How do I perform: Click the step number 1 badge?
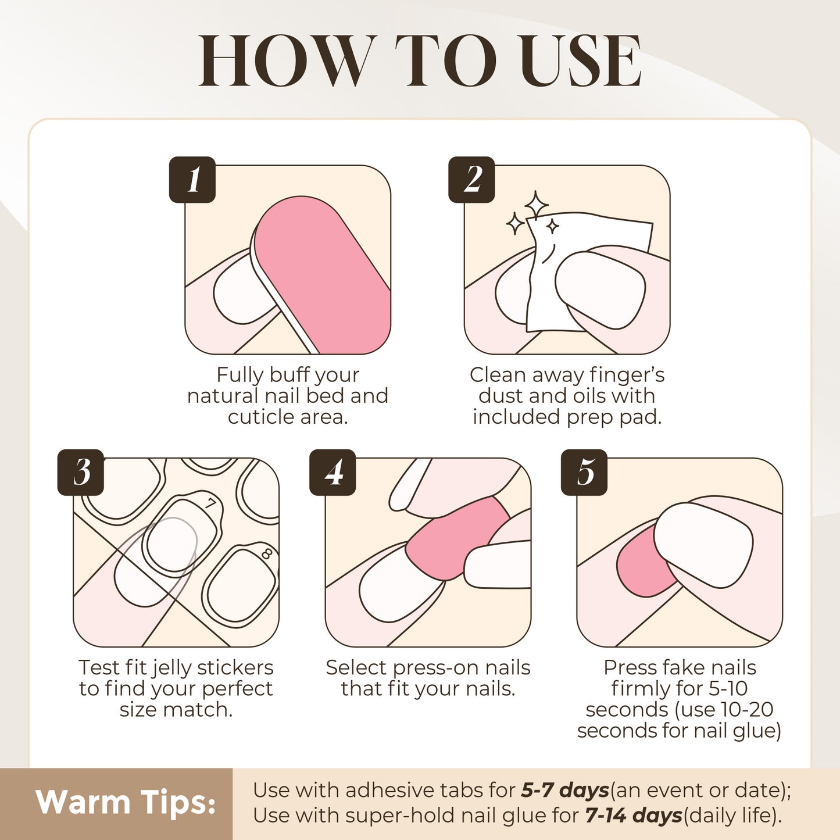coord(192,180)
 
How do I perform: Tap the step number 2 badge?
coord(471,180)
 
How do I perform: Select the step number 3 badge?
coord(81,472)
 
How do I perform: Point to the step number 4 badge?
coord(333,472)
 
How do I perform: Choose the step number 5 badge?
coord(584,472)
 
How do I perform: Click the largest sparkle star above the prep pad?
coord(536,205)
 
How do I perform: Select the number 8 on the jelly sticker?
coord(267,553)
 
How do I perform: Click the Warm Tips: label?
coord(126,803)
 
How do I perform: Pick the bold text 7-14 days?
coord(633,816)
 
